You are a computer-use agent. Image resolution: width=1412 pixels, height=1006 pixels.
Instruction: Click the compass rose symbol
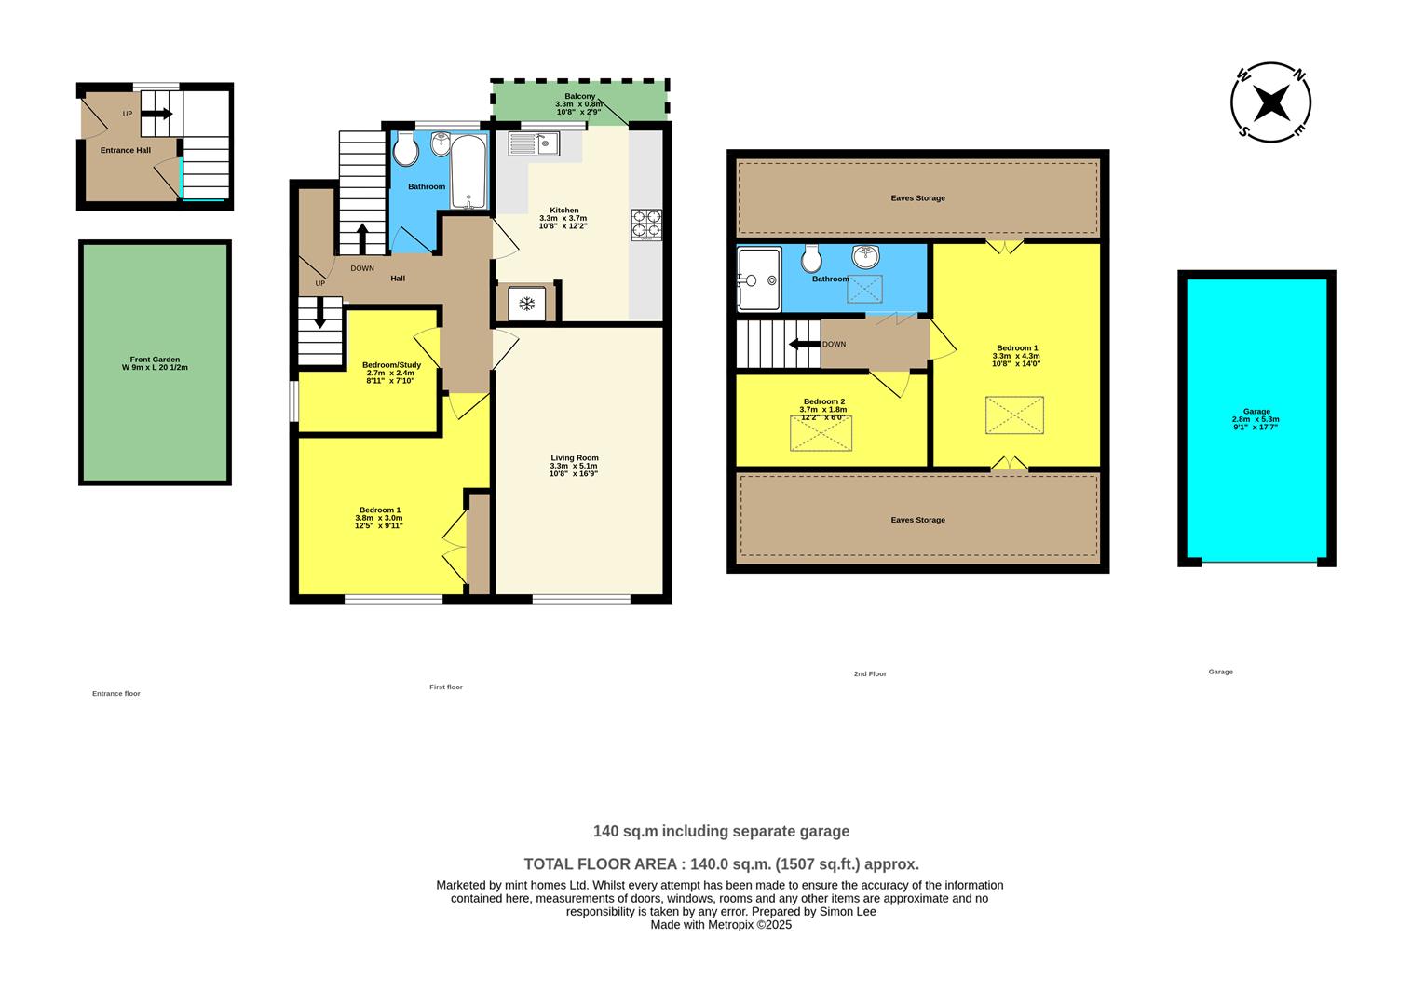[x=1270, y=102]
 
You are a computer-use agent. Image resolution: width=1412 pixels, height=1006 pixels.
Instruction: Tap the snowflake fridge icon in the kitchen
[x=526, y=304]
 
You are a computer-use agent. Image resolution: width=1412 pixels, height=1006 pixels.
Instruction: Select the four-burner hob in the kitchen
[x=646, y=224]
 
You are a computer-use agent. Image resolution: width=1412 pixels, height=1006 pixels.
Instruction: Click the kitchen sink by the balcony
[x=533, y=143]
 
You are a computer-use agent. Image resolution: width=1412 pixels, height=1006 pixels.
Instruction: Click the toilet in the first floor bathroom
[x=406, y=149]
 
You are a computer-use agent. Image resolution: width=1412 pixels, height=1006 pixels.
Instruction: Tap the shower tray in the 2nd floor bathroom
[x=758, y=279]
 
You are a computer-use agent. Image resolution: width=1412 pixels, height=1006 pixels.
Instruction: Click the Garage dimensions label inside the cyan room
[x=1256, y=419]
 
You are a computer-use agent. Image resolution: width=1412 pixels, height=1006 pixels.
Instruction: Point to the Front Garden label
[x=155, y=363]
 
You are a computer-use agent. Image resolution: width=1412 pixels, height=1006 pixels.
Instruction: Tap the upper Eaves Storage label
[x=917, y=198]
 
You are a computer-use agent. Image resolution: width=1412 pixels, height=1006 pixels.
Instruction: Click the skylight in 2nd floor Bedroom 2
[x=821, y=433]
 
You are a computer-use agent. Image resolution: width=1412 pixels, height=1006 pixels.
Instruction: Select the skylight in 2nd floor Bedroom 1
[x=1014, y=415]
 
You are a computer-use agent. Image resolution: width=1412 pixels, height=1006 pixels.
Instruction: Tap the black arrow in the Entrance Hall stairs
[x=157, y=114]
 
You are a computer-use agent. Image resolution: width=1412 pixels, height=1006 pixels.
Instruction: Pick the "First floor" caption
[x=446, y=687]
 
